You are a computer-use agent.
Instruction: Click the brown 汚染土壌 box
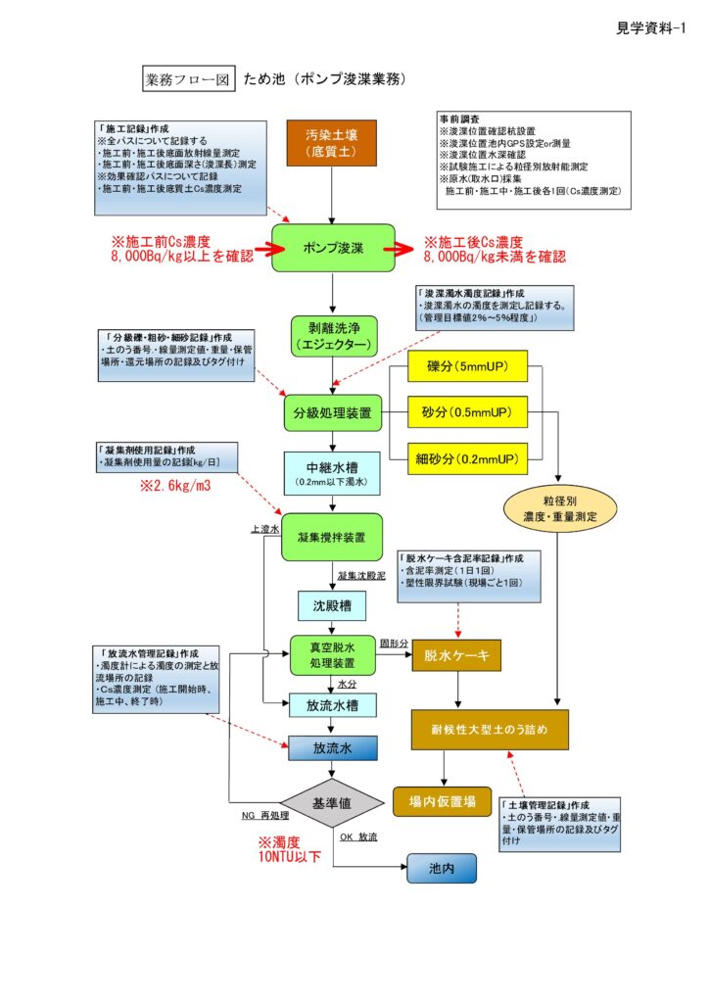coord(333,143)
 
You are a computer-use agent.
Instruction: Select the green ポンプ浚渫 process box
coord(333,248)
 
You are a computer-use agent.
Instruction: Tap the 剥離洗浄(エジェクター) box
coord(333,336)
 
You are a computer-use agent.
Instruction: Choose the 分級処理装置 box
coord(333,413)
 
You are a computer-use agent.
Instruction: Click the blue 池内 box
coord(441,868)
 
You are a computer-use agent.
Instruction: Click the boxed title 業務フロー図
coord(188,78)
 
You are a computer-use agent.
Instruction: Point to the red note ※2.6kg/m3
coord(172,485)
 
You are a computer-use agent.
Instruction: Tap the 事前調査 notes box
coord(533,159)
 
